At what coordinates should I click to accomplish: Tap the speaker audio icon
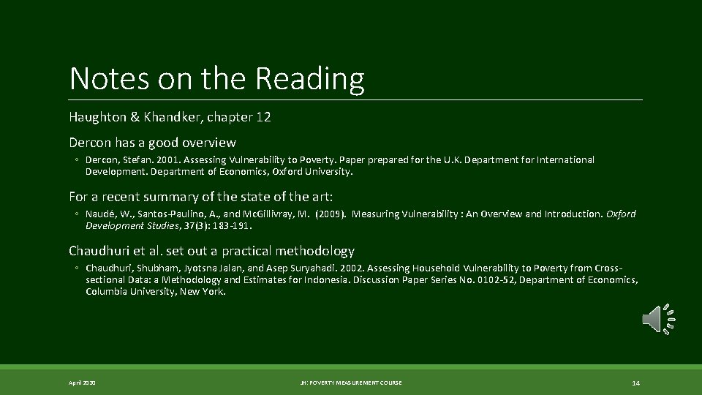[x=657, y=320]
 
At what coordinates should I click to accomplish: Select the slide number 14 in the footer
[x=635, y=383]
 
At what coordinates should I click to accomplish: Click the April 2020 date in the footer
[x=82, y=383]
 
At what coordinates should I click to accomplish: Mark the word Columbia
[x=108, y=291]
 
